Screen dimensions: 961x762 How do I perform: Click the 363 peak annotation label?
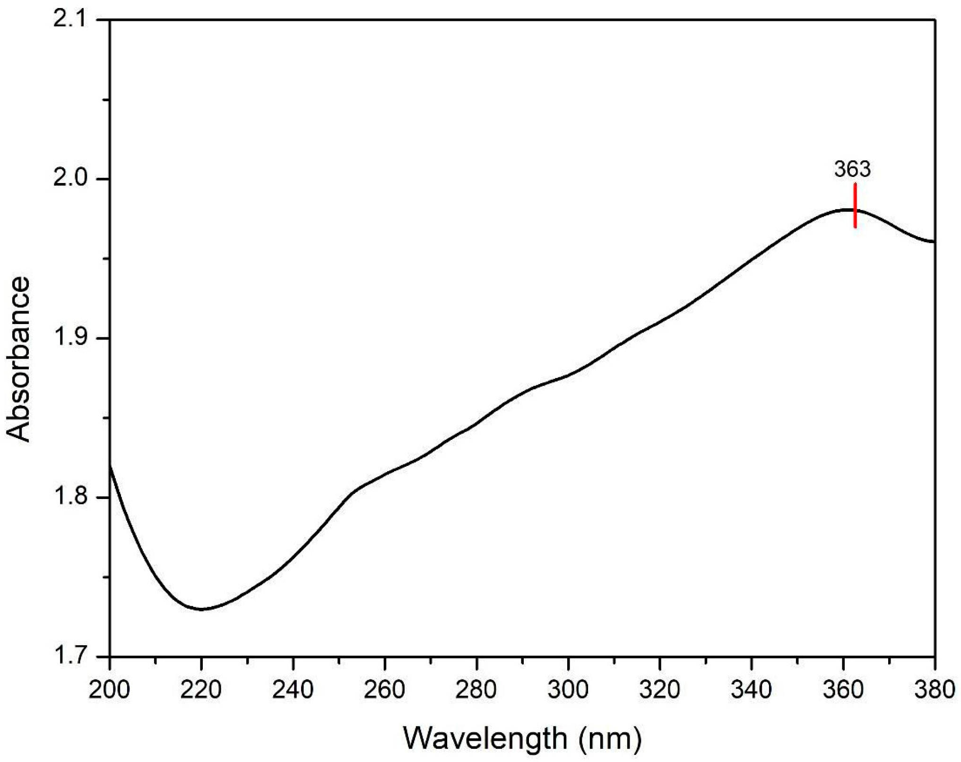852,169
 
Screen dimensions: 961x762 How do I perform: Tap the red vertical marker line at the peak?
855,206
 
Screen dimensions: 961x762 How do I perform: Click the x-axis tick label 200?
109,690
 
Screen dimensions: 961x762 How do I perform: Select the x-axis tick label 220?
201,690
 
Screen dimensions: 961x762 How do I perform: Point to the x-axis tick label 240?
293,690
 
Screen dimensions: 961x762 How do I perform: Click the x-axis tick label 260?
384,690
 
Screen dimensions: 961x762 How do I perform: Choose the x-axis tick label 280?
476,690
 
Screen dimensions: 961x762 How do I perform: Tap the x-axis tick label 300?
568,690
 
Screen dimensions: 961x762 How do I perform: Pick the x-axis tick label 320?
659,690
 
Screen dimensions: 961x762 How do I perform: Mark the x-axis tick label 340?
751,690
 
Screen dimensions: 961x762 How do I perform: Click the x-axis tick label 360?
843,690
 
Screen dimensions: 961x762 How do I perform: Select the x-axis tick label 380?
935,690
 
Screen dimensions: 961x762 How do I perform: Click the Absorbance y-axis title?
18,359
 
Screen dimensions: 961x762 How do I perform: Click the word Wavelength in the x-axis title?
485,738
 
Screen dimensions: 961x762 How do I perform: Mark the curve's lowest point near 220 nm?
201,609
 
